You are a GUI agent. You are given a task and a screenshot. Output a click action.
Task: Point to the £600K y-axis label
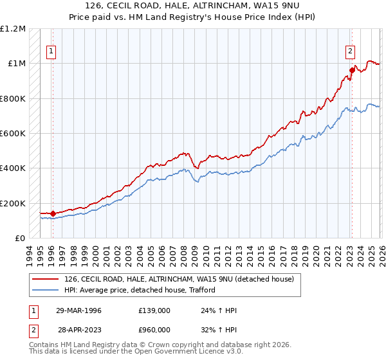(x=13, y=134)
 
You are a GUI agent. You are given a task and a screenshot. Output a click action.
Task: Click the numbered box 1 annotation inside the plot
(x=51, y=52)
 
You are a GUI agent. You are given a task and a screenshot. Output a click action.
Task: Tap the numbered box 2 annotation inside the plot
(x=351, y=52)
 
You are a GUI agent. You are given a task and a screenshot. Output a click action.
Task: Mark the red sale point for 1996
(x=53, y=213)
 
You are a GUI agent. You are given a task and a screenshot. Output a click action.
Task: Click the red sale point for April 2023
(x=352, y=70)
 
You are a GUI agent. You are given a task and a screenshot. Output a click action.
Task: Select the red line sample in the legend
(x=46, y=279)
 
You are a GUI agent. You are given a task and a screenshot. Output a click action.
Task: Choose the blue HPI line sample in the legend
(x=46, y=290)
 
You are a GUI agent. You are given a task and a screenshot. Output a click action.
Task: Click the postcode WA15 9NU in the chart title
(x=270, y=8)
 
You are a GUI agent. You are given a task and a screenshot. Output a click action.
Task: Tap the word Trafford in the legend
(x=200, y=290)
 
